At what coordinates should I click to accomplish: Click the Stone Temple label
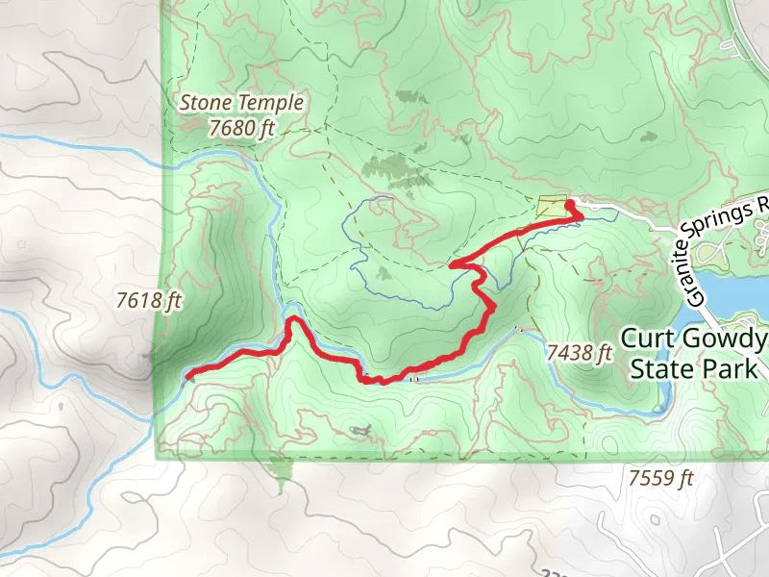[x=242, y=102]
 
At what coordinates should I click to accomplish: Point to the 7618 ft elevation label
[x=149, y=301]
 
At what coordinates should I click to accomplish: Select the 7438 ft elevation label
[x=580, y=353]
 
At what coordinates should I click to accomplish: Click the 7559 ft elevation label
[x=660, y=477]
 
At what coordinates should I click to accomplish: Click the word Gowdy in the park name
[x=727, y=339]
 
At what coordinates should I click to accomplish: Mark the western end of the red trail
[x=187, y=373]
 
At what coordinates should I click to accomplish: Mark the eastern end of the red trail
[x=581, y=217]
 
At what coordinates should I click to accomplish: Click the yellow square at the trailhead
[x=552, y=208]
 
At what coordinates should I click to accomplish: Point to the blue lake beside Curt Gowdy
[x=731, y=288]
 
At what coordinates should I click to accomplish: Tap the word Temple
[x=273, y=102]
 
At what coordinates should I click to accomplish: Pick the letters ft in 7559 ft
[x=683, y=477]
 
